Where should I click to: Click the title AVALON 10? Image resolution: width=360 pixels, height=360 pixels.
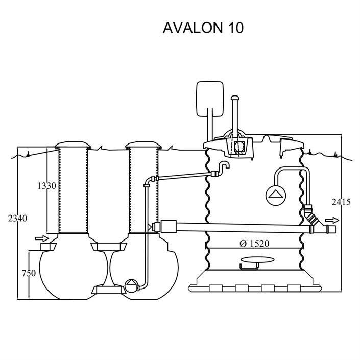coord(203,28)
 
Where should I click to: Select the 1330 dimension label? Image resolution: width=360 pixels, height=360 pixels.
coord(46,185)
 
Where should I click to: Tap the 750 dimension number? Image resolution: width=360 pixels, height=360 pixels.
coord(29,273)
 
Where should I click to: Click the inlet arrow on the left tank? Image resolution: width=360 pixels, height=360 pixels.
coord(41,238)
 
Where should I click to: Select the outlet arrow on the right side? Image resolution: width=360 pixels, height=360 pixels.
coord(332,221)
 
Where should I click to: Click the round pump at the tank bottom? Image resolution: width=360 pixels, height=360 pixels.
coord(132,284)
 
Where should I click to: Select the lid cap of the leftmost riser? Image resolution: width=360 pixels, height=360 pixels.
coord(73,144)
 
